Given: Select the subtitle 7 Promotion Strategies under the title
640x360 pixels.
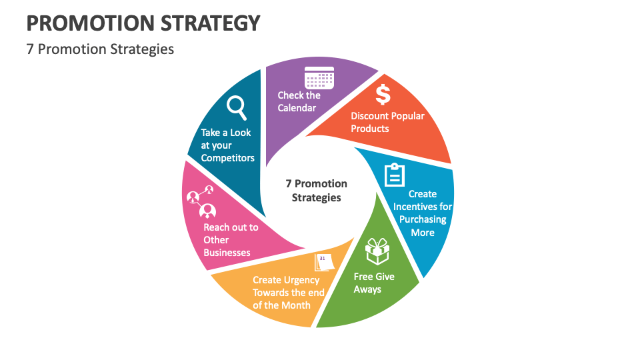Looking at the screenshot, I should click(x=100, y=49).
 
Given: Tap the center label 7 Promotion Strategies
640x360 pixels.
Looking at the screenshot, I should click(x=317, y=191).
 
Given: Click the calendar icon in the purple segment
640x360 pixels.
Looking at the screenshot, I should click(x=319, y=77).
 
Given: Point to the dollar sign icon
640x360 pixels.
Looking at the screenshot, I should click(x=383, y=94).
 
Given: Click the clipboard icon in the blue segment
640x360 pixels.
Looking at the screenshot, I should click(x=395, y=175).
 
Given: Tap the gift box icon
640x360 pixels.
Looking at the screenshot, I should click(x=377, y=252).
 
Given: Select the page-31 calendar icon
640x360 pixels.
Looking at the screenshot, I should click(x=324, y=261).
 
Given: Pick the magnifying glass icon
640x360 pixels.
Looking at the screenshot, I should click(x=237, y=107).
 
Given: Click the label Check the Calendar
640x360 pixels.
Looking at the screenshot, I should click(x=299, y=101).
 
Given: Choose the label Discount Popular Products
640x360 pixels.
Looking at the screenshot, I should click(x=387, y=122).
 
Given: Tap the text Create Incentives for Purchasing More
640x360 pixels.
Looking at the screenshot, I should click(x=423, y=213).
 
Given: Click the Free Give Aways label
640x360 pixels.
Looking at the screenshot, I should click(x=374, y=283).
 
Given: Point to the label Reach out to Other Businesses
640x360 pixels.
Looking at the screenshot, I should click(x=230, y=240).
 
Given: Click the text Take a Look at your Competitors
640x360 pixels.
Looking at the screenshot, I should click(x=227, y=145).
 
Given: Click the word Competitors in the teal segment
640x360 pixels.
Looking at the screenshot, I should click(x=227, y=158).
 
